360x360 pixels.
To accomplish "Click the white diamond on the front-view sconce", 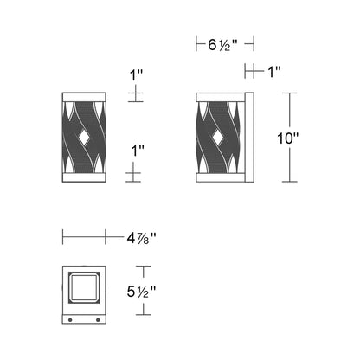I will click(x=84, y=136).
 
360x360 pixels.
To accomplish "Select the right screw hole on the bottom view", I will click(x=96, y=322).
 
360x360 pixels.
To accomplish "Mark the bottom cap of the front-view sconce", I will click(x=84, y=179).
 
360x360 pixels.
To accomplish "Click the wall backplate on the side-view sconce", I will click(x=249, y=136).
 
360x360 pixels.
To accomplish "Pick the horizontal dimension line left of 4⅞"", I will click(x=93, y=235).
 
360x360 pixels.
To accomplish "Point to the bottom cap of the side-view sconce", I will click(x=221, y=179).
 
